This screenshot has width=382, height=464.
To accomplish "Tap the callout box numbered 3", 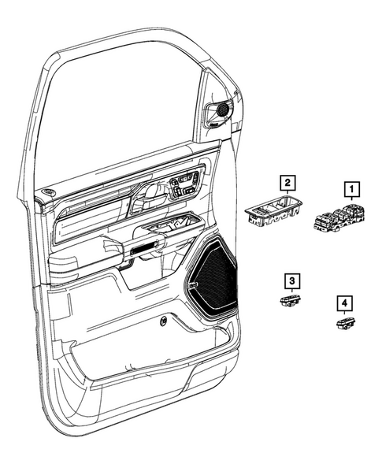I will [291, 280].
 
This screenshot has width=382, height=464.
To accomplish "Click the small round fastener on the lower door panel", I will [161, 320].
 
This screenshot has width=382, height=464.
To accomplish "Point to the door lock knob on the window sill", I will [49, 193].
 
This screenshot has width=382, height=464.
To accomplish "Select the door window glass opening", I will [118, 110].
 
